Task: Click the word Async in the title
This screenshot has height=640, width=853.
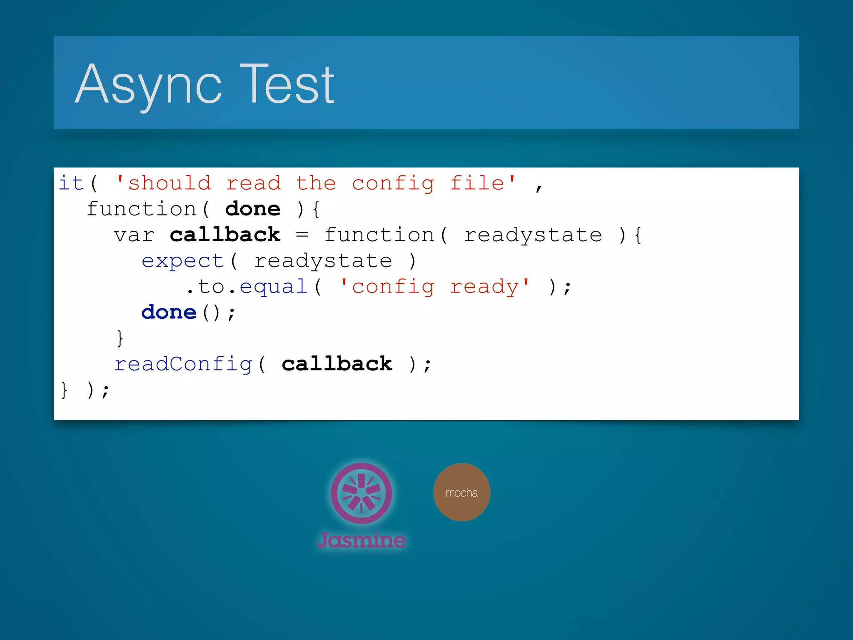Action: [x=148, y=85]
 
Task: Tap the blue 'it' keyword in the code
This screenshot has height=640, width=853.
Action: [x=71, y=183]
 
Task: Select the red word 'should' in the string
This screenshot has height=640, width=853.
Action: [x=169, y=183]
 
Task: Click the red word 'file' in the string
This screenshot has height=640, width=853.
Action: [x=477, y=183]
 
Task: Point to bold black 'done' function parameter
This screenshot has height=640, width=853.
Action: [x=253, y=209]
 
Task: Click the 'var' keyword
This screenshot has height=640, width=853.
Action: [x=134, y=235]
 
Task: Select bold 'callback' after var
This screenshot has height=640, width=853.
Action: [x=225, y=235]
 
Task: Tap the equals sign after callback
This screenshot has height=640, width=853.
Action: [x=302, y=235]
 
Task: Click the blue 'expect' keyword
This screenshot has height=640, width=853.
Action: [x=183, y=262]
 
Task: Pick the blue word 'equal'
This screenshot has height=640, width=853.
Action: [x=273, y=287]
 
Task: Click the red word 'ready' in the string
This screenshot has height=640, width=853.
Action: [x=484, y=287]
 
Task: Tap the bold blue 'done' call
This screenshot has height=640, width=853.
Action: [x=169, y=312]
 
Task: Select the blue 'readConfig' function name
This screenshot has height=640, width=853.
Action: [x=183, y=365]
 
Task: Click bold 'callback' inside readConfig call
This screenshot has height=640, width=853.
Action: [x=337, y=364]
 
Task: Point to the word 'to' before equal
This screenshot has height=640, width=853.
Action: [x=211, y=287]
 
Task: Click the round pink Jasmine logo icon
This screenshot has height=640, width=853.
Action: [x=361, y=493]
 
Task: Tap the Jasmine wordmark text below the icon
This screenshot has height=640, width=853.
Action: [x=361, y=540]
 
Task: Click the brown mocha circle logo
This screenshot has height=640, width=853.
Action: [x=461, y=492]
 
